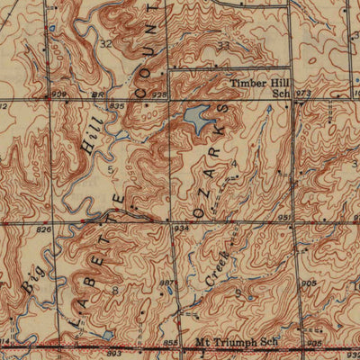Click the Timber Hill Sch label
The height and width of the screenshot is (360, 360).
pos(259,86)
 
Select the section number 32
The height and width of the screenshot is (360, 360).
pos(107,43)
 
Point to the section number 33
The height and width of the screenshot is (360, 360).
pos(222,45)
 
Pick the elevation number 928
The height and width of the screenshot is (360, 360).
pos(160,93)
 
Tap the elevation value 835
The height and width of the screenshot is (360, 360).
pos(116,105)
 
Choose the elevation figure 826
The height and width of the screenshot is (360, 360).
pos(43,230)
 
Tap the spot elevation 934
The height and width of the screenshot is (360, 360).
pos(181,229)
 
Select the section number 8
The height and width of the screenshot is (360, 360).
pos(114,290)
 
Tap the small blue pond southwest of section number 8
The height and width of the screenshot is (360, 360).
pos(107,334)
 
